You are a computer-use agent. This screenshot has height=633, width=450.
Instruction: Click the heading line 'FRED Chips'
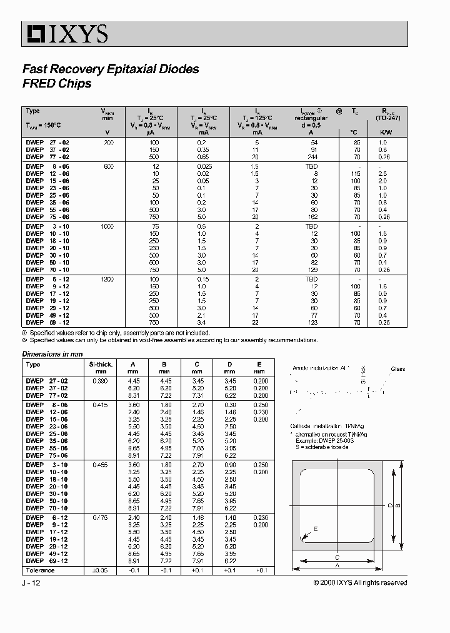tap(57, 84)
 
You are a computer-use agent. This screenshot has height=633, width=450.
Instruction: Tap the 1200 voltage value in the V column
tap(107, 279)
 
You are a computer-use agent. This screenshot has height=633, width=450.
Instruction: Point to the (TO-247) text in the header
tap(387, 118)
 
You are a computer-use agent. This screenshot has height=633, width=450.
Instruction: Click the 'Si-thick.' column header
tap(100, 364)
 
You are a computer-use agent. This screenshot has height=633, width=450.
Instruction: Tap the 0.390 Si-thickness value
tap(100, 381)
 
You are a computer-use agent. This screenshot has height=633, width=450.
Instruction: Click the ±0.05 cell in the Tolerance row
tap(100, 570)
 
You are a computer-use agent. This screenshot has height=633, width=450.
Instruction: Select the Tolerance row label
tap(41, 570)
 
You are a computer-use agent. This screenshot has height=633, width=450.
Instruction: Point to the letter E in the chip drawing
tap(316, 529)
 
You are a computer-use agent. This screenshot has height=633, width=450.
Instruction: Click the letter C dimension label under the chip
tap(336, 557)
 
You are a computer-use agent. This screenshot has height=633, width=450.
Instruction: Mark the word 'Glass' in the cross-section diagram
tap(398, 369)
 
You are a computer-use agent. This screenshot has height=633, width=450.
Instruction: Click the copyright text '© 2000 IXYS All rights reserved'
tap(360, 583)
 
